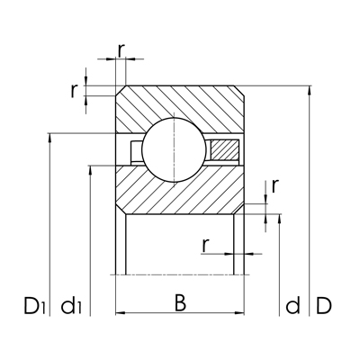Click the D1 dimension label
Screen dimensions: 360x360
tap(33, 306)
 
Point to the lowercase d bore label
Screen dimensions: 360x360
tap(292, 306)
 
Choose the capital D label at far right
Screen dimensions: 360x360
tap(324, 306)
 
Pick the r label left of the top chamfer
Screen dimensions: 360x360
tap(76, 90)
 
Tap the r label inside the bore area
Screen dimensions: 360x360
tap(206, 243)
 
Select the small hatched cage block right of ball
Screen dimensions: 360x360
tap(224, 153)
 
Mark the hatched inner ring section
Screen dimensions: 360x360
tap(180, 192)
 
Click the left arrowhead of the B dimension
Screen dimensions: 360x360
tap(119, 313)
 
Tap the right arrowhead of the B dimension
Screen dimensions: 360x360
tap(241, 313)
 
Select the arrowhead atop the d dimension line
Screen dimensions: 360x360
tap(282, 218)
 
